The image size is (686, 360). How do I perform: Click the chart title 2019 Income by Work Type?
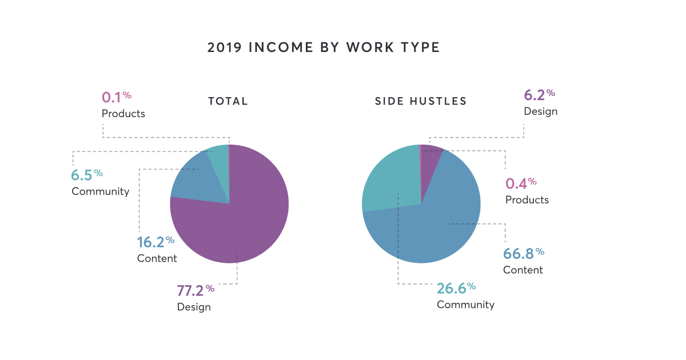click(x=324, y=47)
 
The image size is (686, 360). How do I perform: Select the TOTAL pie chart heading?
click(x=228, y=102)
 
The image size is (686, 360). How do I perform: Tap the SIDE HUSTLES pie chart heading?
click(x=421, y=102)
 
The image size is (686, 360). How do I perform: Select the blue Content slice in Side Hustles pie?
click(x=440, y=223)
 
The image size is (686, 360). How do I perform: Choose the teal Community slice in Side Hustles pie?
click(x=389, y=177)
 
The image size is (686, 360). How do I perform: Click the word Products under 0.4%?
click(x=527, y=200)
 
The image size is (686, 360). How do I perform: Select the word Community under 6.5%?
click(x=100, y=191)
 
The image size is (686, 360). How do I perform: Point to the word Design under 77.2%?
click(x=194, y=307)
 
